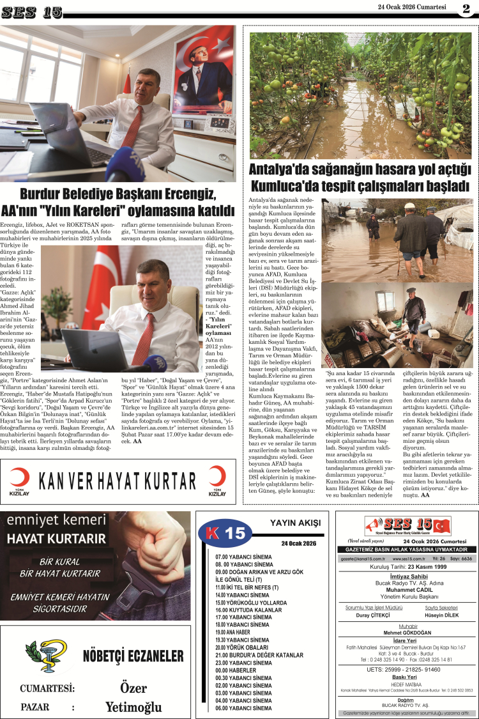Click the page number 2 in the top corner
point(466,8)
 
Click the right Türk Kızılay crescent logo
point(217,478)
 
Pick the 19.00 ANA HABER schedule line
point(238,632)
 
